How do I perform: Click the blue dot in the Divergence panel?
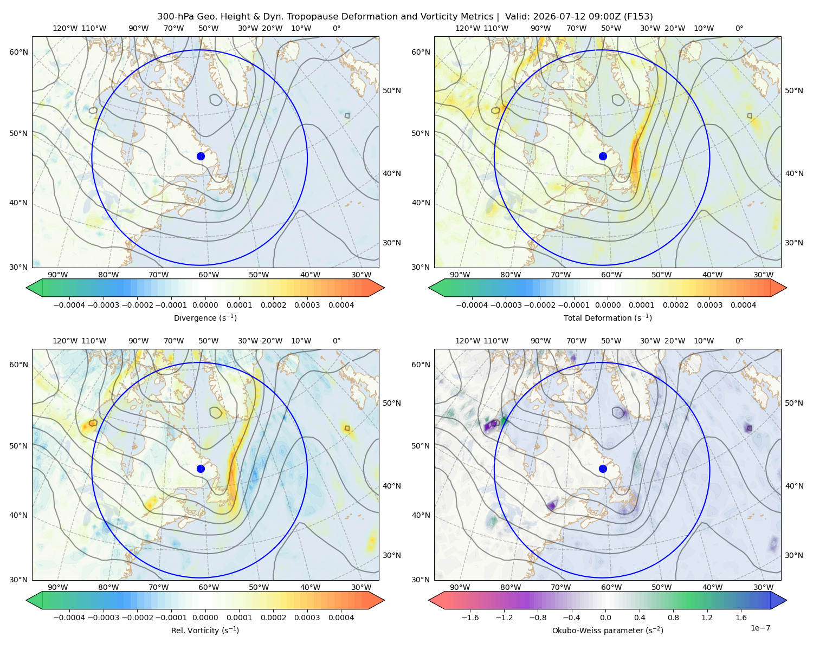(x=201, y=156)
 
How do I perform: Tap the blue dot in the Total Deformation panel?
(x=603, y=156)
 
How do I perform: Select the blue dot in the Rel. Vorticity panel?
(x=201, y=469)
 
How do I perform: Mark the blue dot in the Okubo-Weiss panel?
(x=603, y=469)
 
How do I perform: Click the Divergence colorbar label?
(x=205, y=317)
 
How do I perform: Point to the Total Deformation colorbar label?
(x=608, y=317)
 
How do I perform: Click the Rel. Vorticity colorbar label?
(x=205, y=630)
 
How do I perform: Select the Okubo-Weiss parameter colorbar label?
(x=608, y=630)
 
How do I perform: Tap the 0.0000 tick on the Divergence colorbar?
(x=205, y=305)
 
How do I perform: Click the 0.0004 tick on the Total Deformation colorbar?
(x=744, y=305)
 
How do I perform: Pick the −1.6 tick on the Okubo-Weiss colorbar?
(x=470, y=617)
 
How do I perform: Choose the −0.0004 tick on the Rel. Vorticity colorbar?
(x=69, y=617)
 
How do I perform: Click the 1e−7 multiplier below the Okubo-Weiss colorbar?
(x=760, y=628)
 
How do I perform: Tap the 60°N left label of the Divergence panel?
(x=18, y=52)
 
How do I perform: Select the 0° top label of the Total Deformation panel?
(x=739, y=28)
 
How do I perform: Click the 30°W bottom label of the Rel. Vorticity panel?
(x=362, y=587)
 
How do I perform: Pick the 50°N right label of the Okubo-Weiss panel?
(x=794, y=403)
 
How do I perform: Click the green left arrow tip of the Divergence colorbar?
(x=27, y=288)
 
